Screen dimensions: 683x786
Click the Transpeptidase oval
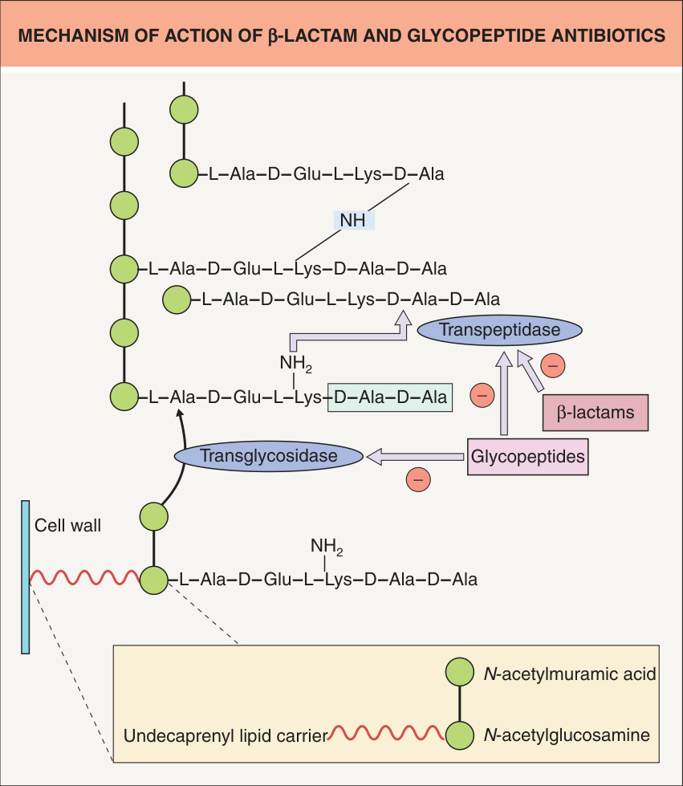499,330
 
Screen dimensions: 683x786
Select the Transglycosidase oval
269,456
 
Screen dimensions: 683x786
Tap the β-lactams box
596,413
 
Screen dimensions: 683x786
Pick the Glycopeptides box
527,457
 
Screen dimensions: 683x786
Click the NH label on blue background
353,220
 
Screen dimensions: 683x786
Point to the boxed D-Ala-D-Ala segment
390,397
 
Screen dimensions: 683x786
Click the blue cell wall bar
25,577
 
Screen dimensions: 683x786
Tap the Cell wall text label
67,525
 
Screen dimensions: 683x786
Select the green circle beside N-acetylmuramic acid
460,672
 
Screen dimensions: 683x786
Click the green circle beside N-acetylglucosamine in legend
460,735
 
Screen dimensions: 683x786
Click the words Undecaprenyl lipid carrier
226,736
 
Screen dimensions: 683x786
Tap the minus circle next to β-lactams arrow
553,365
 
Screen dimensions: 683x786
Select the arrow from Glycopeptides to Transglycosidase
416,457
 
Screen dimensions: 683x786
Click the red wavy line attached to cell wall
85,577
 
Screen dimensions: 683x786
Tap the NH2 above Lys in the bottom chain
327,546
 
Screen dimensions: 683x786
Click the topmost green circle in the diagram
184,110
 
